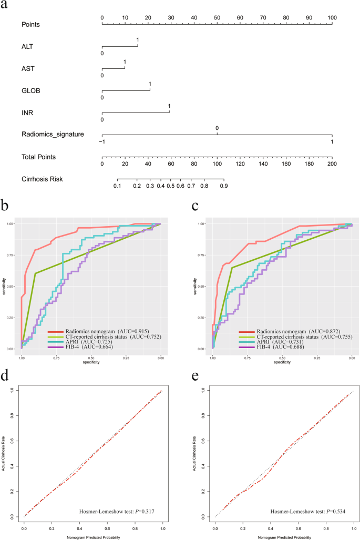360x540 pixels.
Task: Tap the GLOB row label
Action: pos(30,90)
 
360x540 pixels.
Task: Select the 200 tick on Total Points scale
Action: pos(332,164)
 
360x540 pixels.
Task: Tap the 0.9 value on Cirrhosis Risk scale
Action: pos(223,186)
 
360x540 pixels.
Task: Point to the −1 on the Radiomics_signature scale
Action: pos(101,142)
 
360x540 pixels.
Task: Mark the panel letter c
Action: pos(195,206)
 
